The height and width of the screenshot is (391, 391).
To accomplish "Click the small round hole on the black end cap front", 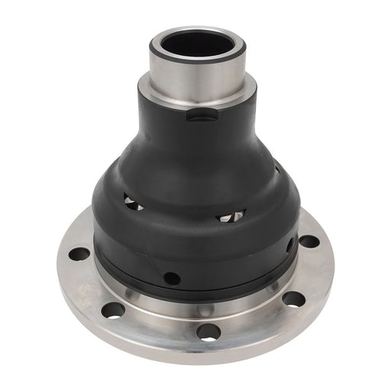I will point(172,277).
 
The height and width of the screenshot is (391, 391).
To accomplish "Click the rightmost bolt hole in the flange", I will point(309,241).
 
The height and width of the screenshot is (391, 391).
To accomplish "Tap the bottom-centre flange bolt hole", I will point(206,331).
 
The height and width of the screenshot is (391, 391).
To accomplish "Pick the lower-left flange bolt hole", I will point(113,309).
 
